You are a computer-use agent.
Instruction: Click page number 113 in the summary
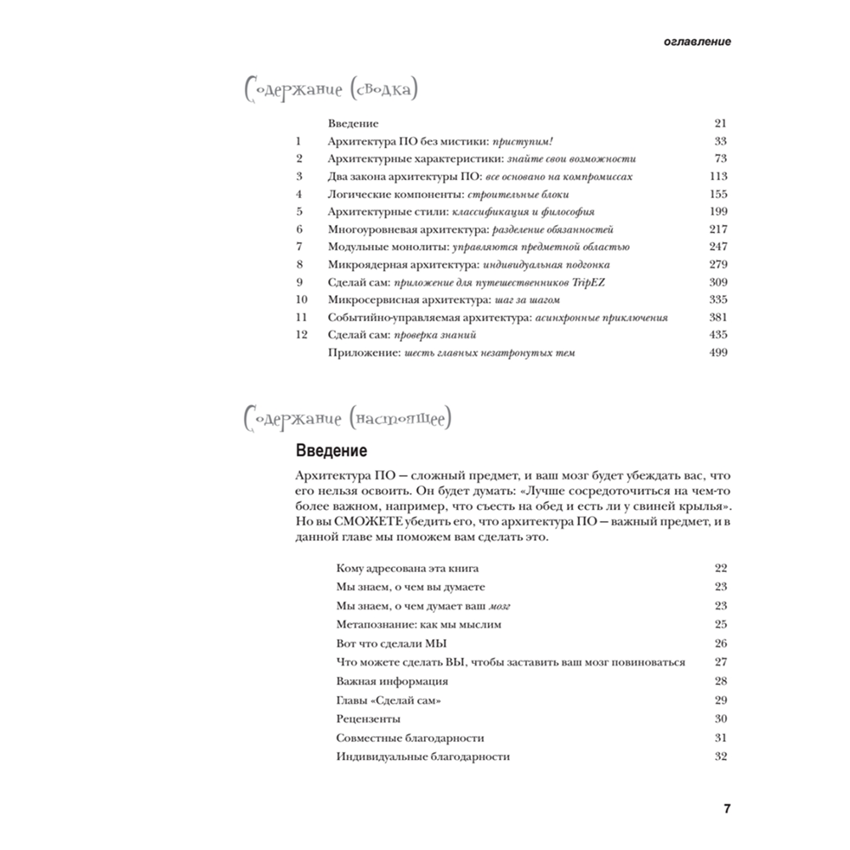coord(717,177)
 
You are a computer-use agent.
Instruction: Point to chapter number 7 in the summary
coord(299,247)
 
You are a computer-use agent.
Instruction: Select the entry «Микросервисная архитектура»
coord(395,300)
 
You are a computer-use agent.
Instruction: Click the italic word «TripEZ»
coord(597,282)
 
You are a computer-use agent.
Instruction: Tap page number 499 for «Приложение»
coord(717,353)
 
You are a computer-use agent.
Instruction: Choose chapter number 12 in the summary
coord(300,335)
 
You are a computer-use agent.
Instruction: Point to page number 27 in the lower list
coord(721,662)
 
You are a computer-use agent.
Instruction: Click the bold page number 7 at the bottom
coord(727,807)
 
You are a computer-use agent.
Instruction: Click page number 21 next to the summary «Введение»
coord(721,123)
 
